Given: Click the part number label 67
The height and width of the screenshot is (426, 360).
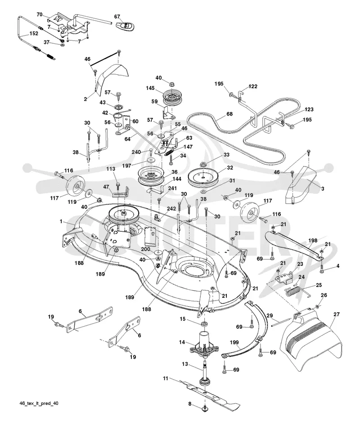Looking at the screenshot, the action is click(x=117, y=17).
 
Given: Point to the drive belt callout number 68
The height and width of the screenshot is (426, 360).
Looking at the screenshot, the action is click(x=229, y=114).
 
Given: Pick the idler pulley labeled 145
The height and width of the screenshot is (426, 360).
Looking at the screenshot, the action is click(x=173, y=99).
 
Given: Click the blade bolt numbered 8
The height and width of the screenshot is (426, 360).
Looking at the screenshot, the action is click(x=205, y=408).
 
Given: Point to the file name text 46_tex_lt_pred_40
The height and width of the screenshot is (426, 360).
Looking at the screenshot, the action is click(x=39, y=404).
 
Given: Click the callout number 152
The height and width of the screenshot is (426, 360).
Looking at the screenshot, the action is click(x=34, y=33).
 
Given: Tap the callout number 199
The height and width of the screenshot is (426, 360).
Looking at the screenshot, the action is click(x=234, y=343).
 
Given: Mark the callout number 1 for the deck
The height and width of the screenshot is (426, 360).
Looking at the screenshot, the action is click(x=61, y=222).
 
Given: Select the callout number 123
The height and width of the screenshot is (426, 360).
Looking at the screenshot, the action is click(x=309, y=109).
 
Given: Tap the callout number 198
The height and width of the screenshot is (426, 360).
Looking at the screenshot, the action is click(x=313, y=240).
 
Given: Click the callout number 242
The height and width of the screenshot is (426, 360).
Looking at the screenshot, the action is click(x=171, y=209).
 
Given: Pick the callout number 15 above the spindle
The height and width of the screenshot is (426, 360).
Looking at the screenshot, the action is click(x=182, y=318).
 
